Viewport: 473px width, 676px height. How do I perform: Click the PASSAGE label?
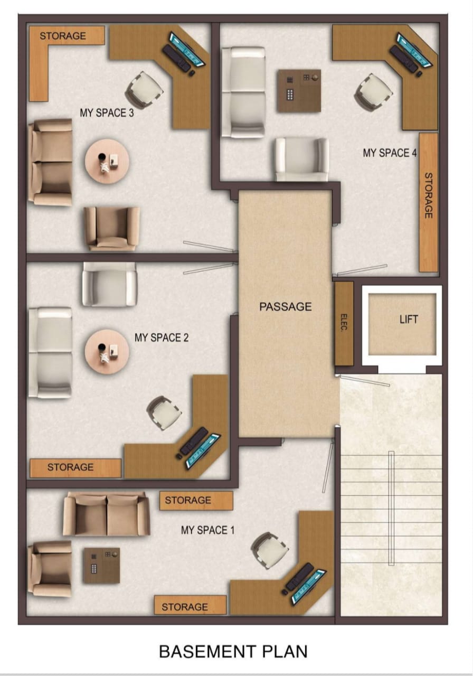point(286,307)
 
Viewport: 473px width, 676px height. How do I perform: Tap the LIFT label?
point(409,320)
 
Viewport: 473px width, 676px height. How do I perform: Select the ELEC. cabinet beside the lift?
point(344,324)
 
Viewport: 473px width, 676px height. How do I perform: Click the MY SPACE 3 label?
point(107,113)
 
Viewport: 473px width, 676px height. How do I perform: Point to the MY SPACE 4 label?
point(390,153)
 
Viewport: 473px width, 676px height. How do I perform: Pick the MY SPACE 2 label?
point(162,337)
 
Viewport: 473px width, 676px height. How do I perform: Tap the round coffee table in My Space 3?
point(107,161)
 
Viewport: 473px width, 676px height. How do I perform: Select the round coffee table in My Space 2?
point(107,352)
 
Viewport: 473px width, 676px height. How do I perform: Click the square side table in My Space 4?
point(299,91)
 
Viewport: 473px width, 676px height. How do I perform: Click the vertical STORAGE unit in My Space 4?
point(428,202)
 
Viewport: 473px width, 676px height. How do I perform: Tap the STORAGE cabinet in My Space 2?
point(75,468)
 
